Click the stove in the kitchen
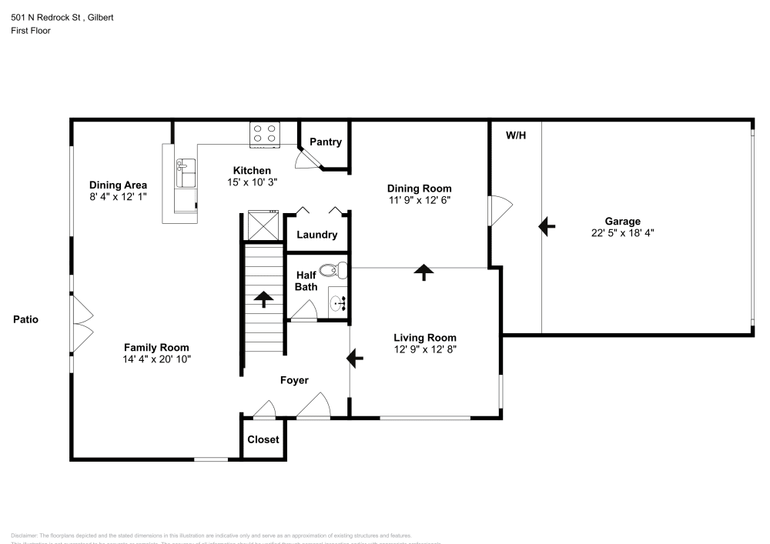(266, 134)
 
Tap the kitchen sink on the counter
(185, 173)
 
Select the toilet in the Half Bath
(332, 271)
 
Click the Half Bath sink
(338, 302)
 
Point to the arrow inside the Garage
(547, 226)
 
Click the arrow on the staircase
(264, 299)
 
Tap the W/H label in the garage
(516, 135)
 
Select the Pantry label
(325, 142)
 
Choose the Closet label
(263, 440)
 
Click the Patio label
(25, 319)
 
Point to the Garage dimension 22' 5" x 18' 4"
(622, 232)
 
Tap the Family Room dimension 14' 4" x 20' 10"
(156, 359)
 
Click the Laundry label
(316, 235)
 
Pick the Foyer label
(294, 380)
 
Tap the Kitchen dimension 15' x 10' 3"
(252, 182)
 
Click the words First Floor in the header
(31, 31)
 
